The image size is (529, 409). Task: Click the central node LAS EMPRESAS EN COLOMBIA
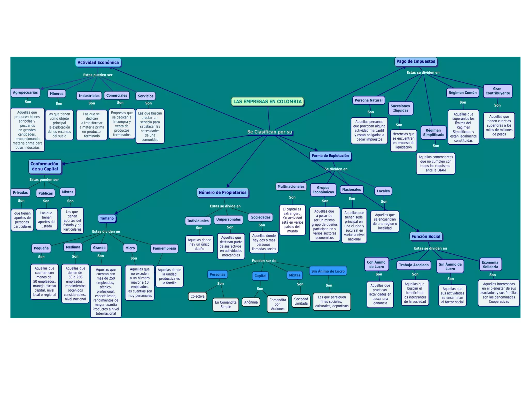[x=267, y=102]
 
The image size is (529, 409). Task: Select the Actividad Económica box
[x=98, y=62]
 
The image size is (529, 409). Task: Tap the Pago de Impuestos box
[x=416, y=62]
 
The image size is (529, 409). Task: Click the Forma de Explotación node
[x=330, y=156]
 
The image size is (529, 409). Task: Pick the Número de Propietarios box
[x=222, y=192]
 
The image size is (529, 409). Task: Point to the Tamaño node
[x=107, y=218]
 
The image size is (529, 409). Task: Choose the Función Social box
[x=426, y=236]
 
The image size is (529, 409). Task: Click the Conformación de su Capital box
[x=45, y=166]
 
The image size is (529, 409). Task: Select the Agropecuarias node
[x=25, y=92]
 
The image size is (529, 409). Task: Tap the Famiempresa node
[x=164, y=248]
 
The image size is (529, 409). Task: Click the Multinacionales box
[x=291, y=186]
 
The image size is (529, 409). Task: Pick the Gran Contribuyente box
[x=497, y=91]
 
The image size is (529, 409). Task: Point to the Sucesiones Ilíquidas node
[x=400, y=108]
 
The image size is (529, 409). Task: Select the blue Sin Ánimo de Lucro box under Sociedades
[x=328, y=271]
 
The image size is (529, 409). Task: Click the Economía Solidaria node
[x=490, y=264]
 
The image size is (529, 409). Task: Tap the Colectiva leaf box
[x=197, y=296]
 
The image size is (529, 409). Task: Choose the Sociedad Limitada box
[x=301, y=301]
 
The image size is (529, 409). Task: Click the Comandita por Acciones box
[x=277, y=304]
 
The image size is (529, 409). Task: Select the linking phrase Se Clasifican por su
[x=269, y=132]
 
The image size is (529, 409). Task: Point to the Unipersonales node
[x=228, y=219]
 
